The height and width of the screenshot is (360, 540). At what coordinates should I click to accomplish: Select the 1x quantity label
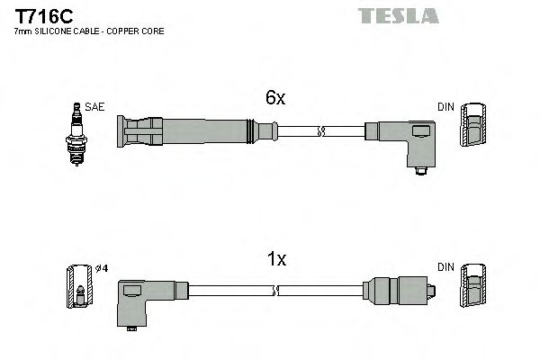tap(275, 259)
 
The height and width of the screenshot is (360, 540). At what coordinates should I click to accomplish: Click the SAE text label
tap(96, 106)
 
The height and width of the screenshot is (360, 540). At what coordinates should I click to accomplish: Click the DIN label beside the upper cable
tap(445, 106)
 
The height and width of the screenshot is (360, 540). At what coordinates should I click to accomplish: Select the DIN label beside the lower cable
tap(445, 267)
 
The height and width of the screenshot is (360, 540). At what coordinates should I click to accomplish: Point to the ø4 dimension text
tap(103, 267)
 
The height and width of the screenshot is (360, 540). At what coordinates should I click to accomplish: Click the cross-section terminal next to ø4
tap(79, 285)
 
